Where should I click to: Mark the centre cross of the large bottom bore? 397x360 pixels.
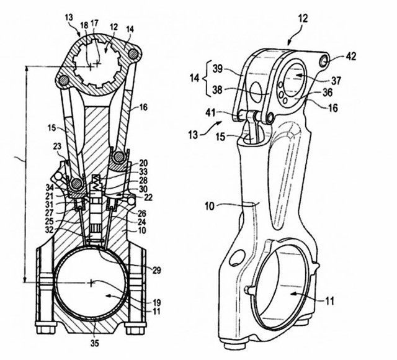tap(92, 282)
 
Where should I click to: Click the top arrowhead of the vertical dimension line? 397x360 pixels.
tap(25, 66)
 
